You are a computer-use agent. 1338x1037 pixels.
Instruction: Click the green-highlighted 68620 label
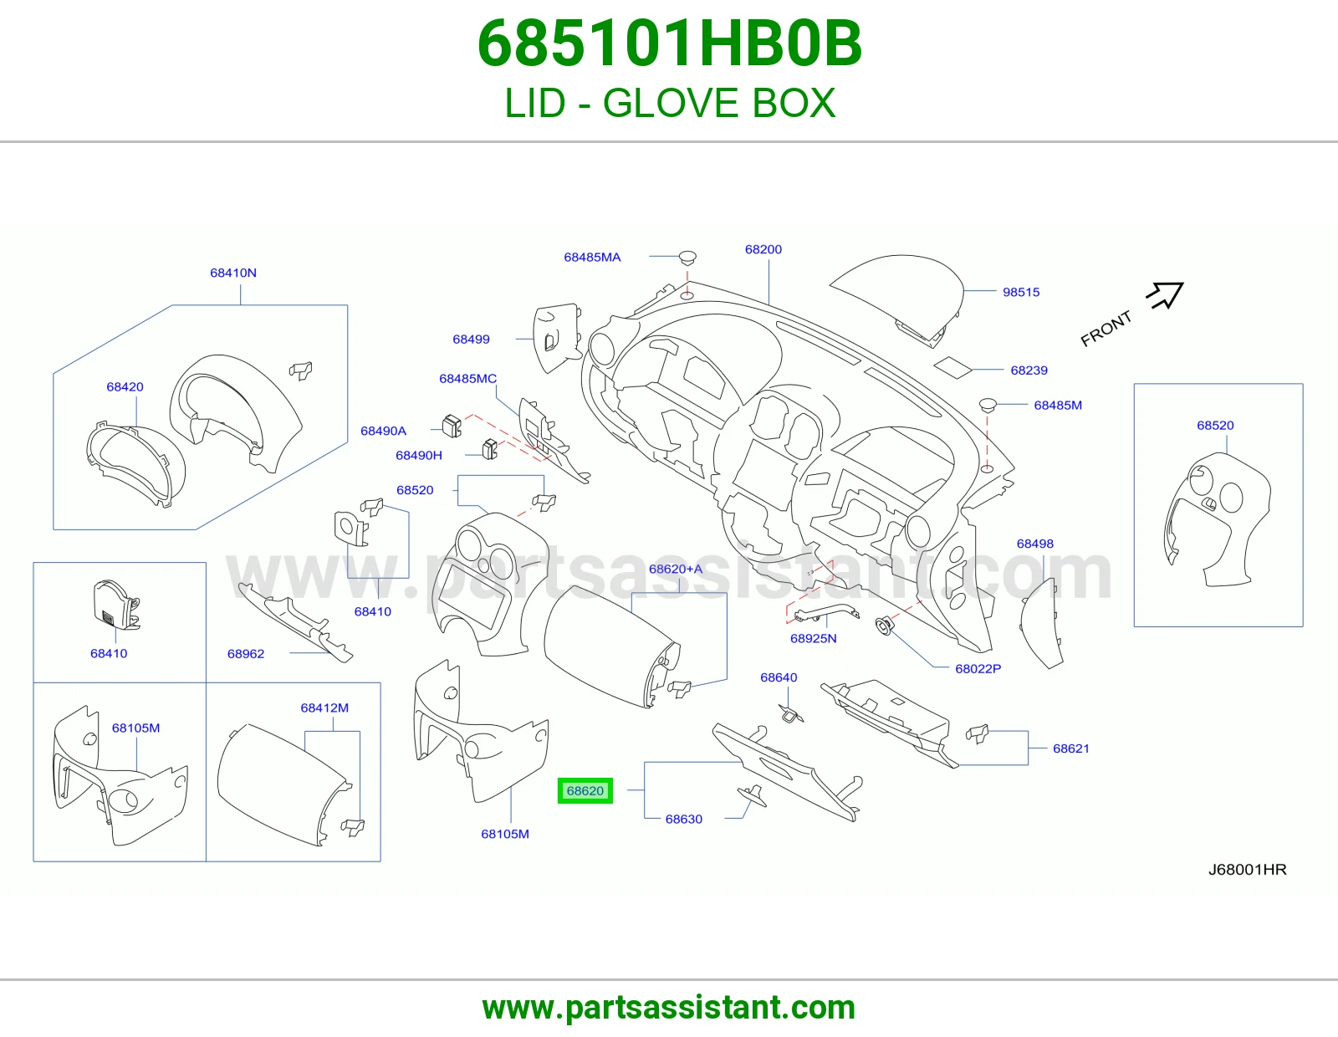585,790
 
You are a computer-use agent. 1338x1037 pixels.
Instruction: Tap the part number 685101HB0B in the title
669,43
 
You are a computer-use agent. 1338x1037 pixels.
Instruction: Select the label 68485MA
592,258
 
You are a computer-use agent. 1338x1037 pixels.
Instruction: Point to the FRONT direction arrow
1165,295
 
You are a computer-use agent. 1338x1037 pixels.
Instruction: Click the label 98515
1021,292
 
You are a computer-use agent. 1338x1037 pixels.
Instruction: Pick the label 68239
1029,370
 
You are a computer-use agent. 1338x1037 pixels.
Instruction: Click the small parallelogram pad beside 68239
953,367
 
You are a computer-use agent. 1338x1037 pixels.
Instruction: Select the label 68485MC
467,378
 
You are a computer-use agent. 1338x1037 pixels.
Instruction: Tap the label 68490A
383,431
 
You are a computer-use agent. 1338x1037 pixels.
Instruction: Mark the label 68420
125,386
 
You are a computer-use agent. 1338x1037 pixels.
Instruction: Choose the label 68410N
233,273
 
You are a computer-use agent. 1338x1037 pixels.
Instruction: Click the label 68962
246,654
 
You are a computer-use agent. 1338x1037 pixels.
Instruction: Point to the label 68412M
324,708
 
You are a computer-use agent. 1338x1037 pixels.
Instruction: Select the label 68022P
978,669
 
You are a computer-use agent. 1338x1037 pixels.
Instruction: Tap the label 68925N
814,639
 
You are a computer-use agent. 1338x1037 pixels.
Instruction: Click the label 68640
779,677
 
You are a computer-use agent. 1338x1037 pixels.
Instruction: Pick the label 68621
1070,748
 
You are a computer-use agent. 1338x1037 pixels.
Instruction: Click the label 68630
683,819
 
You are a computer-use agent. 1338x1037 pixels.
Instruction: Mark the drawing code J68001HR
1247,870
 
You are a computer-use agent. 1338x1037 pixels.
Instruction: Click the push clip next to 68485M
988,406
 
